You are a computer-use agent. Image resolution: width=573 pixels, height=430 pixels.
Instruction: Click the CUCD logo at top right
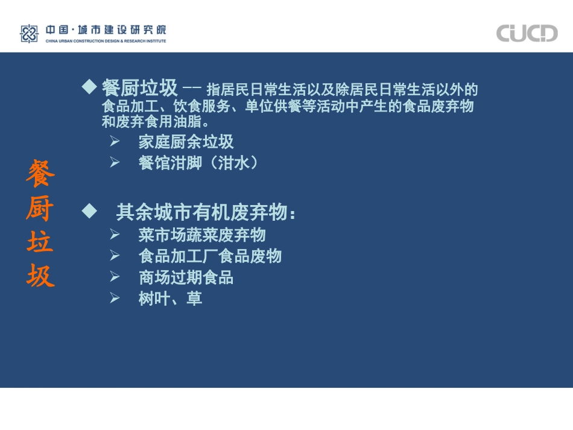[527, 33]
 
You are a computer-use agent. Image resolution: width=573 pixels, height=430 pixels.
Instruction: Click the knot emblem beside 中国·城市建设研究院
[29, 34]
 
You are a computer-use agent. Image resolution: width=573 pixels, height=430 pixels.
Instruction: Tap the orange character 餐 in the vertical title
[40, 174]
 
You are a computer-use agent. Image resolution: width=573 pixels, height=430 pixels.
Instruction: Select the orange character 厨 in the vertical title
[40, 209]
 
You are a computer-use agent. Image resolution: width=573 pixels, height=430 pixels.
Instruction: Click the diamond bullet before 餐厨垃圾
[89, 87]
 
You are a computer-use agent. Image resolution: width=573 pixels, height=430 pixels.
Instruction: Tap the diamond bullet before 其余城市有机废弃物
[89, 211]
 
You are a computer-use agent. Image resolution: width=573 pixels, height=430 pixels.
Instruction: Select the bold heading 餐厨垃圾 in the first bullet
[140, 89]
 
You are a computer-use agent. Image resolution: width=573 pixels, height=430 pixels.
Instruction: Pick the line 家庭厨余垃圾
[186, 142]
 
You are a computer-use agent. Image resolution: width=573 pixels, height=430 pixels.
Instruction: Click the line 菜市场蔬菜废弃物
[202, 235]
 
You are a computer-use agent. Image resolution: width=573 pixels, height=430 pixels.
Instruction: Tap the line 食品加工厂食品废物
[210, 256]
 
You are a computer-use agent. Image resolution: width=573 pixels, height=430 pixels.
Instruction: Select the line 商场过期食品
[186, 277]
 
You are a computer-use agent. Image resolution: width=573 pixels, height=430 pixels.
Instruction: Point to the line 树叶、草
[170, 298]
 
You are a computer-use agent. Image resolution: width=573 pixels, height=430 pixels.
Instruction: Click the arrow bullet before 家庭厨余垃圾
[115, 142]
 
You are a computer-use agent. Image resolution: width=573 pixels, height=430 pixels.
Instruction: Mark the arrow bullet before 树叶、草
[115, 297]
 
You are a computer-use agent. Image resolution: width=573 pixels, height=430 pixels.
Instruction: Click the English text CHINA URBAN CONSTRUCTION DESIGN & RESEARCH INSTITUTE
[106, 41]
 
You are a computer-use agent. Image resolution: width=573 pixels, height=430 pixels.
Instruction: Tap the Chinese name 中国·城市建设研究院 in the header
[106, 30]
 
